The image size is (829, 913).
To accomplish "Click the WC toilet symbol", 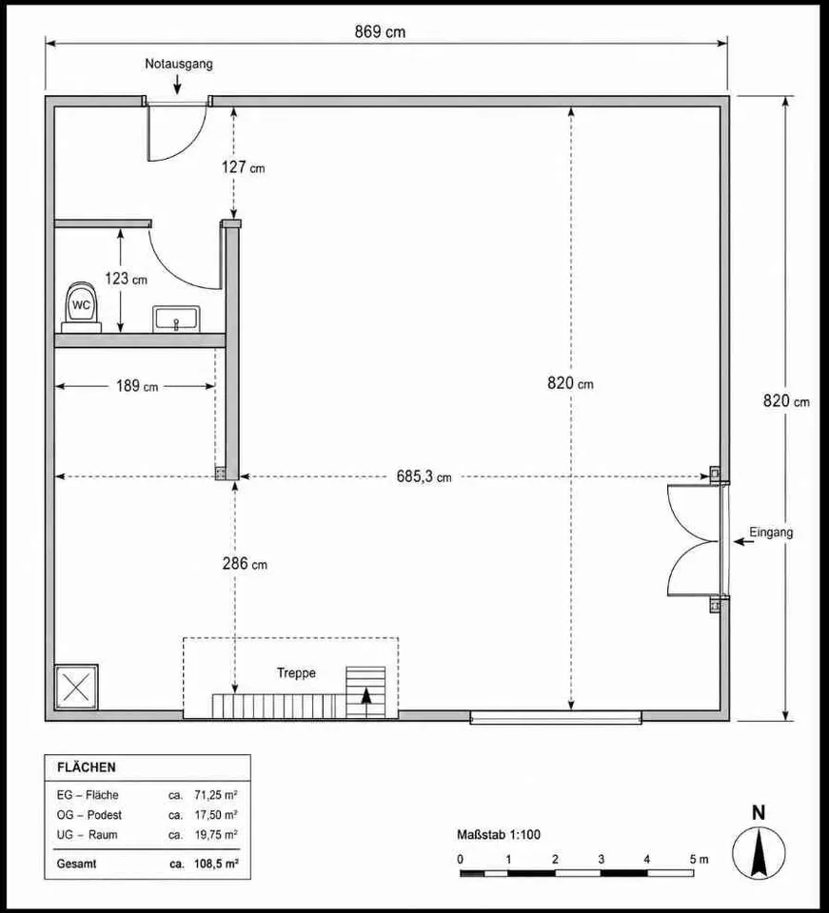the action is (82, 307).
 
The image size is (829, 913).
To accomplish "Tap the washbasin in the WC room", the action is (176, 320).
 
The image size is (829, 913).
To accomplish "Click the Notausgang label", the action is (179, 64).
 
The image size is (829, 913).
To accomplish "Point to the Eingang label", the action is (771, 533).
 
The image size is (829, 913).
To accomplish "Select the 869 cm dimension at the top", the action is (380, 32).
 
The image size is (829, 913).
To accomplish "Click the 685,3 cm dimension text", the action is (424, 476).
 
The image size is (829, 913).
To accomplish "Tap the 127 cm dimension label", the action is (243, 167).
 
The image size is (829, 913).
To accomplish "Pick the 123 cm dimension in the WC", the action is (126, 279).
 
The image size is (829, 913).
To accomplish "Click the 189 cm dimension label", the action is (137, 385).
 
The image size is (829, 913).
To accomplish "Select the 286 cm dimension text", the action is (245, 564).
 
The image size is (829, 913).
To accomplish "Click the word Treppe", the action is (297, 673).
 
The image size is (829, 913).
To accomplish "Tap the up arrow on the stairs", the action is (366, 703).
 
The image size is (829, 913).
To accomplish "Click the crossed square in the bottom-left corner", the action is (76, 688).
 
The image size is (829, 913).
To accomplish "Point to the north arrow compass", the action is (759, 854).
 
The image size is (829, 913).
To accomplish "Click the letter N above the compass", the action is (759, 813).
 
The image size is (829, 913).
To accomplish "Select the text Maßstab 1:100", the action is (499, 834).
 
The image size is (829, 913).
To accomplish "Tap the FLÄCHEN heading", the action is (87, 767).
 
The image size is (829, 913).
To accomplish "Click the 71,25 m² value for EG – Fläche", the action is (215, 795).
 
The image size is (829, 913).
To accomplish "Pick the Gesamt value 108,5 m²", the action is (216, 864).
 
